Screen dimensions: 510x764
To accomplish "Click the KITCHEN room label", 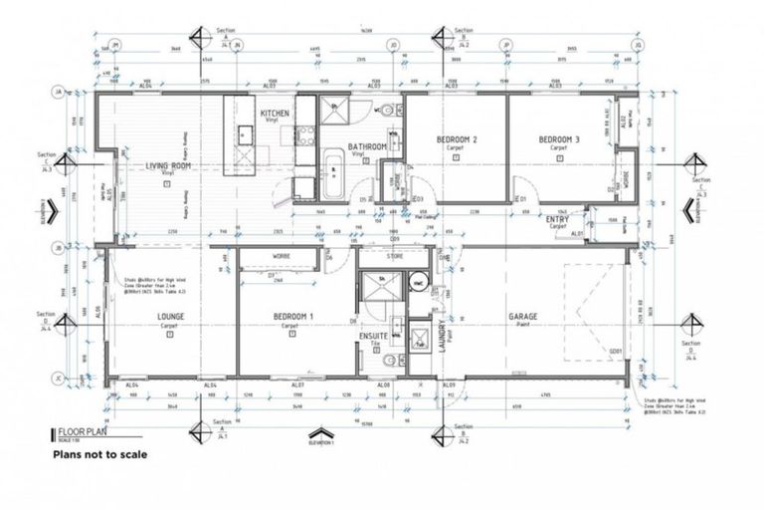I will click(x=275, y=114).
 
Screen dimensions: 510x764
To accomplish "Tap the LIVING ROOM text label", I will click(x=168, y=166).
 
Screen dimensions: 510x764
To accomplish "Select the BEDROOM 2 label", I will click(x=458, y=139).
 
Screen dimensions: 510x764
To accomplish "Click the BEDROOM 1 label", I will click(x=293, y=318).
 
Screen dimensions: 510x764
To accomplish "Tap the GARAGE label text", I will click(x=523, y=318).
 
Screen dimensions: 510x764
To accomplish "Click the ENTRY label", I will click(x=557, y=219).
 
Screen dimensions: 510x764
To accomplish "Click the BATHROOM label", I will click(x=366, y=147).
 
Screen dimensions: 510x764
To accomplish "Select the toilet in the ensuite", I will click(x=395, y=364).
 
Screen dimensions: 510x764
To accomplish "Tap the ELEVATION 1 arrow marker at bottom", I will click(x=318, y=434).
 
